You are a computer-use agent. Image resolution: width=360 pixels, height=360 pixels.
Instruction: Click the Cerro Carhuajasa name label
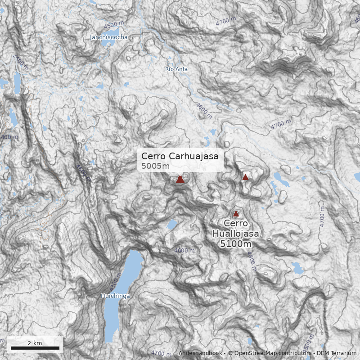tap(180, 156)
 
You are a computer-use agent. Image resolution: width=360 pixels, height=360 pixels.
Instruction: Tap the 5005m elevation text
tap(155, 166)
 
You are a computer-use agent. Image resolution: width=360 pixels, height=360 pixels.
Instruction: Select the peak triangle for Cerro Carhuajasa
tap(180, 179)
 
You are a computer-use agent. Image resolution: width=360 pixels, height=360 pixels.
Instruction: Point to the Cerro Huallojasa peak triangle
tap(236, 213)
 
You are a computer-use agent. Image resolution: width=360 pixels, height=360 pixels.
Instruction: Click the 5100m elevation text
tap(235, 244)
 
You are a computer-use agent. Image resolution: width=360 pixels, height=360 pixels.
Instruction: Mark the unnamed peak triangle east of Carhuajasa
tap(245, 177)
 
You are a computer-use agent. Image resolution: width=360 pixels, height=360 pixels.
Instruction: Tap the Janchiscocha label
tap(109, 37)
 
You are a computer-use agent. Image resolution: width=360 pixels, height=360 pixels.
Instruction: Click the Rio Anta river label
tap(176, 69)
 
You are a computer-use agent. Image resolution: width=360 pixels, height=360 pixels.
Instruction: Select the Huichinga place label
tap(115, 296)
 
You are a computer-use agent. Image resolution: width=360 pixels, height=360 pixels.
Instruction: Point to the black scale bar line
tap(35, 348)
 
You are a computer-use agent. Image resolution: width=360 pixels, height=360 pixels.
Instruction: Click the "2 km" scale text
tap(35, 343)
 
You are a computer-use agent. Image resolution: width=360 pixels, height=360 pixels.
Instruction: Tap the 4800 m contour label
tap(251, 261)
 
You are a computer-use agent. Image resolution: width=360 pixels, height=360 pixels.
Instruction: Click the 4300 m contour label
tap(114, 283)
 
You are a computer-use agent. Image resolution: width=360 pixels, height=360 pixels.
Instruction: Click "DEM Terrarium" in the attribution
tap(337, 353)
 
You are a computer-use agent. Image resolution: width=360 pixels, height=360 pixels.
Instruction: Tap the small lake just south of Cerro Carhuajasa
tap(172, 224)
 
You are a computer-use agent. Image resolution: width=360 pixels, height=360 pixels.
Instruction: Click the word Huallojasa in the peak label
tap(235, 234)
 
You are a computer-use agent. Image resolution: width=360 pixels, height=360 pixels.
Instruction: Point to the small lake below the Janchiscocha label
tap(109, 45)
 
